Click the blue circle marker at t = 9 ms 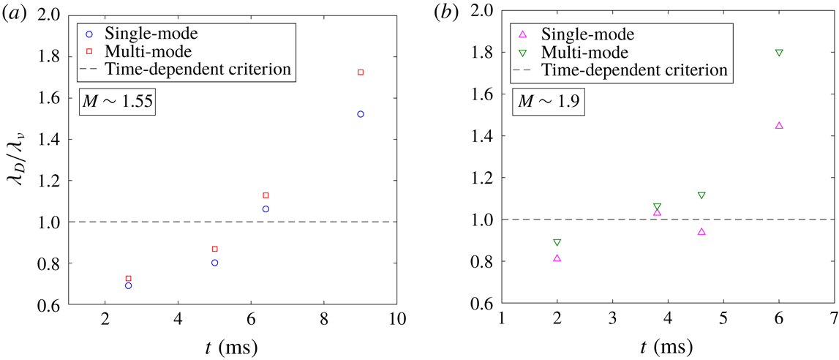click(x=360, y=114)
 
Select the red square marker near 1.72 click(x=360, y=72)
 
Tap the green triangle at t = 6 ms click(x=779, y=53)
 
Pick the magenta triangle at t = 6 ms click(x=779, y=125)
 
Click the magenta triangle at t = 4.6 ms click(x=701, y=231)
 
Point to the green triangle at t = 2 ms click(x=557, y=242)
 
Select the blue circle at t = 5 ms click(x=214, y=263)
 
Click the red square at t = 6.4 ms click(x=266, y=195)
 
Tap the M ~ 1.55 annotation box click(x=126, y=102)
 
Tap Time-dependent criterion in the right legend click(x=633, y=70)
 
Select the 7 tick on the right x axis click(x=834, y=320)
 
